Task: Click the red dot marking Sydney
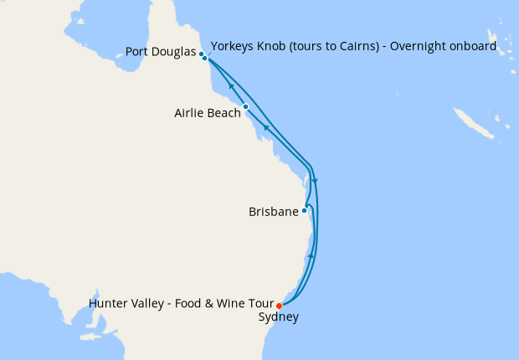tap(279, 306)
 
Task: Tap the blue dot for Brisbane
tap(305, 210)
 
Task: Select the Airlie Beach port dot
tap(245, 107)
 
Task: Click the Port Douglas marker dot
tap(202, 54)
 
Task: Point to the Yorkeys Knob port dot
tap(205, 59)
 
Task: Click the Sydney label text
tap(279, 317)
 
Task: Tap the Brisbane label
tap(274, 212)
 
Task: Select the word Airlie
tap(188, 112)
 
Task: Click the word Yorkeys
tap(235, 46)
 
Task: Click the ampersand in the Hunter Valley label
tap(220, 303)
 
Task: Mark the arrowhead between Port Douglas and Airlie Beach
tap(230, 87)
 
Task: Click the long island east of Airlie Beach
tap(470, 124)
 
